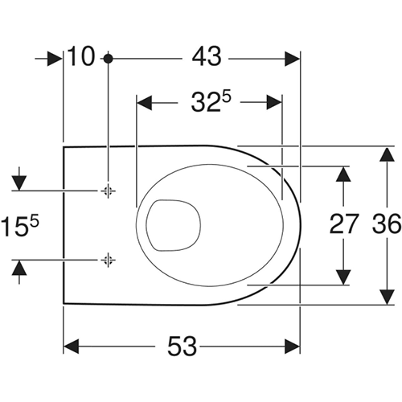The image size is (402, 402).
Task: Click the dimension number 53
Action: tap(182, 347)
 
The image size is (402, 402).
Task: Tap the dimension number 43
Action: tap(207, 56)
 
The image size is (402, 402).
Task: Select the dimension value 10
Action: tap(81, 56)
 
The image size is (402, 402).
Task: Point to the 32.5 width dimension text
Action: tap(211, 102)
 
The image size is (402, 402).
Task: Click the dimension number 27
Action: tap(344, 224)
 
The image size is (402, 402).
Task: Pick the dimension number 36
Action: tap(387, 224)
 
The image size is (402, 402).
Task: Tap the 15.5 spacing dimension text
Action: tap(20, 227)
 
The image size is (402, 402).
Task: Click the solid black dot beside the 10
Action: tap(108, 59)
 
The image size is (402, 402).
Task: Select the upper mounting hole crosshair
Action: tap(108, 191)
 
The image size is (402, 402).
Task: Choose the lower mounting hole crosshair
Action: tap(108, 260)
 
